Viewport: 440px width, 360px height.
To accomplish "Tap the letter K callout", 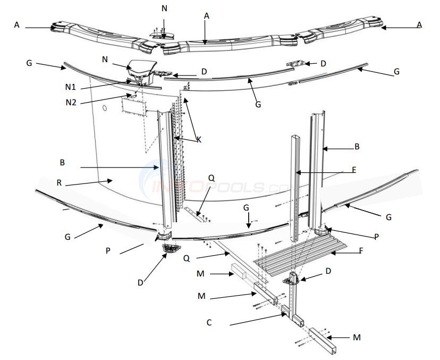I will point(199,139).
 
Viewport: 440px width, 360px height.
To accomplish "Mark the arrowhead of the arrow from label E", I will point(299,173).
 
